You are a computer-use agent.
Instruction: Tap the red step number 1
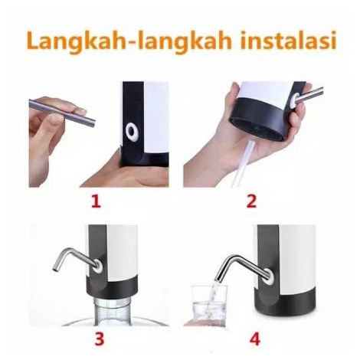pos(97,201)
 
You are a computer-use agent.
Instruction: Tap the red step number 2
pos(250,202)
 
